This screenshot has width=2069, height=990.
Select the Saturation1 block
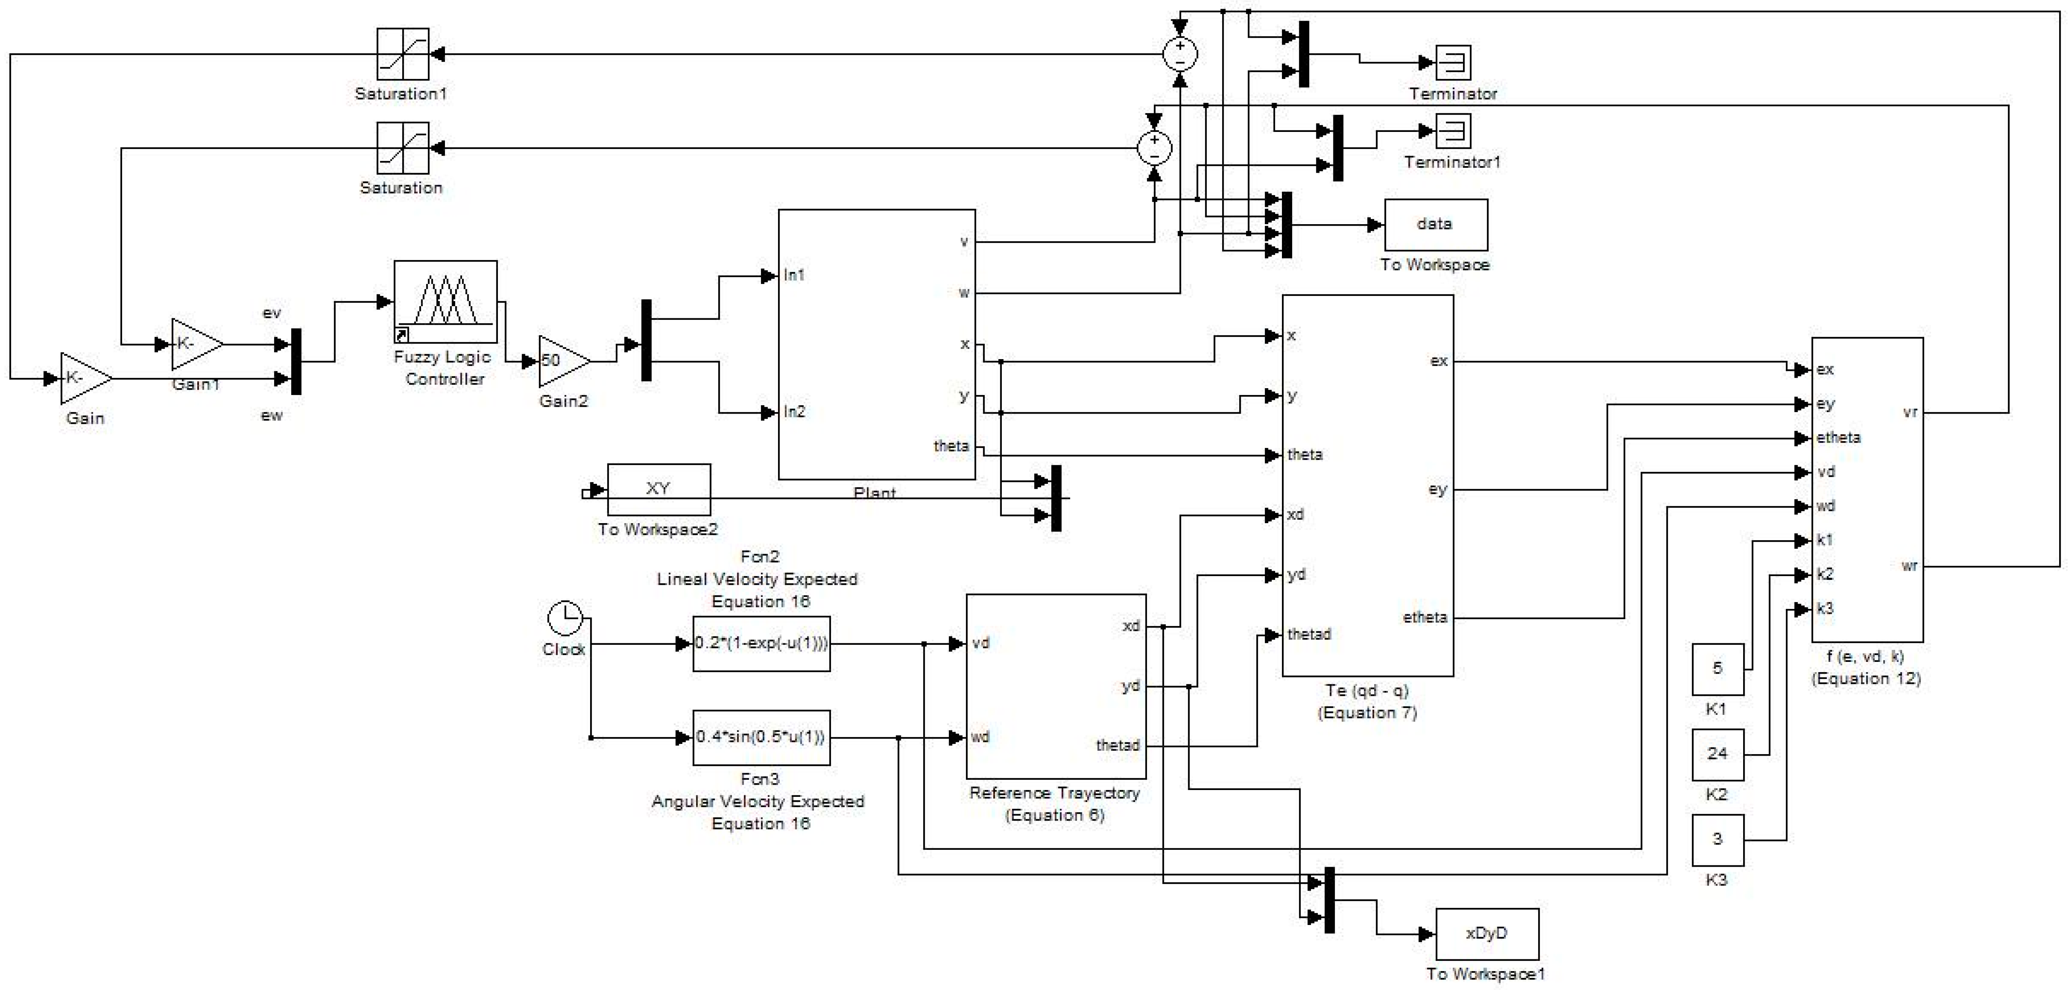point(403,54)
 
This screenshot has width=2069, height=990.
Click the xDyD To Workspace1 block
point(1487,934)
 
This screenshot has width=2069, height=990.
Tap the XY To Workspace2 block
point(659,489)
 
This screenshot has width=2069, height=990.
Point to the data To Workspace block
point(1435,225)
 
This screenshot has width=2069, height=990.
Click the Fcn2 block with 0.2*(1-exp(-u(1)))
point(761,643)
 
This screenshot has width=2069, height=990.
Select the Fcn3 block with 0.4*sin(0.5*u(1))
point(761,737)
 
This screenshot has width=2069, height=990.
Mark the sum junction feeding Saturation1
point(1180,54)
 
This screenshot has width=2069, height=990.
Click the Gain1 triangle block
point(195,344)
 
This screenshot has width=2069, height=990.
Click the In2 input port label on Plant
point(794,412)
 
